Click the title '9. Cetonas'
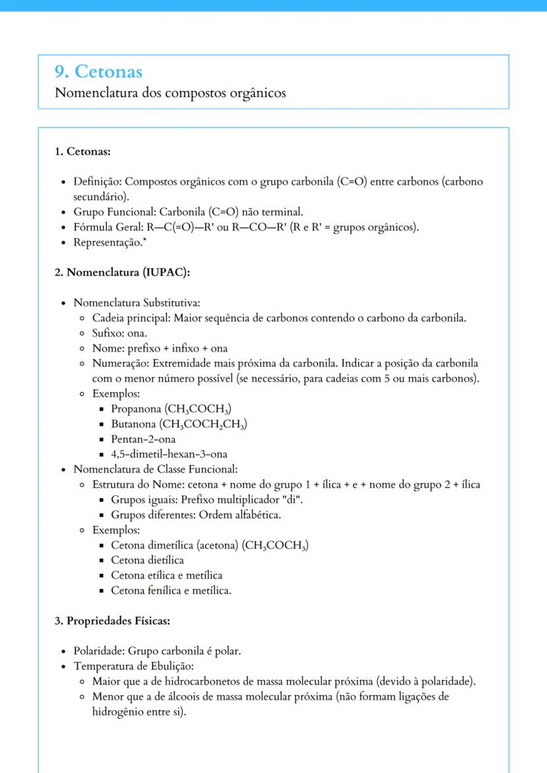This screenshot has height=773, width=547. [x=99, y=71]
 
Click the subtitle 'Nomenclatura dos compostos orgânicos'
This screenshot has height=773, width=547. [x=170, y=92]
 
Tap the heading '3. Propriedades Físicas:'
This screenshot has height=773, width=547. [x=113, y=621]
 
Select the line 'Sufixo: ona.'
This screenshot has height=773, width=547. [x=120, y=333]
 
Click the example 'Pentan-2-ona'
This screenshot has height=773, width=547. [x=143, y=439]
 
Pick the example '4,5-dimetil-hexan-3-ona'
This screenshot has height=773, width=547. [x=169, y=454]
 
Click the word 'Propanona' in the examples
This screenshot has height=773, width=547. [x=136, y=409]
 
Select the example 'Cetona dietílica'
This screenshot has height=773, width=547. [x=147, y=560]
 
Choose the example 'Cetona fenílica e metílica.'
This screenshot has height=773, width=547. [x=171, y=591]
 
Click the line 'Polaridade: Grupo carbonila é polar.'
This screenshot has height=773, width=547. [x=157, y=652]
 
